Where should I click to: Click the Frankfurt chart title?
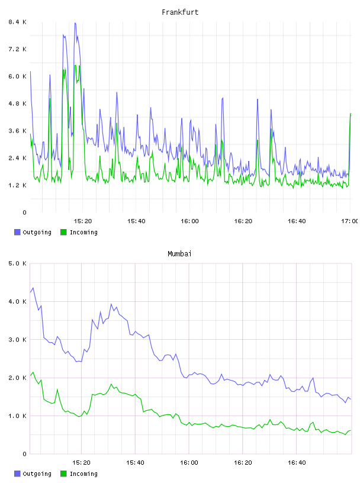[x=180, y=12]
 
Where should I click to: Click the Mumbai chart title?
[x=179, y=253]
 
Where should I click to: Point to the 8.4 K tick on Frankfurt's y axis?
[x=18, y=22]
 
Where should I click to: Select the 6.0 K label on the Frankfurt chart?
[x=18, y=76]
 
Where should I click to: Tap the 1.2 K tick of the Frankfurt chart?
[x=18, y=185]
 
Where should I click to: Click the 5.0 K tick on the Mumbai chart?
[x=18, y=263]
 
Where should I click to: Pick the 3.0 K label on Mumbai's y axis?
[x=18, y=339]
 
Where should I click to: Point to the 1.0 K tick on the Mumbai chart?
[x=18, y=416]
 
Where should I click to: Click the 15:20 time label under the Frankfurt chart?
[x=83, y=221]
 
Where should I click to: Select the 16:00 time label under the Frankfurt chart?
[x=189, y=221]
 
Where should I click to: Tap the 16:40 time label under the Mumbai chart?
[x=297, y=463]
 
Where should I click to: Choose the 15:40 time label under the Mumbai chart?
[x=135, y=463]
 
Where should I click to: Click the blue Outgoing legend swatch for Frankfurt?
[x=17, y=232]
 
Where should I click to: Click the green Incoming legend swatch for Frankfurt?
[x=63, y=232]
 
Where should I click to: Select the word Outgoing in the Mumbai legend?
[x=37, y=474]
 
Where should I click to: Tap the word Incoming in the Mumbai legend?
[x=83, y=474]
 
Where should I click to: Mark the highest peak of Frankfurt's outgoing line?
[x=75, y=23]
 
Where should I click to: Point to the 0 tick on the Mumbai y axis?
[x=24, y=454]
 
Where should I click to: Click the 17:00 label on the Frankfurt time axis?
[x=349, y=221]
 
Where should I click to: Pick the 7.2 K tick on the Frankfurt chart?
[x=18, y=49]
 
